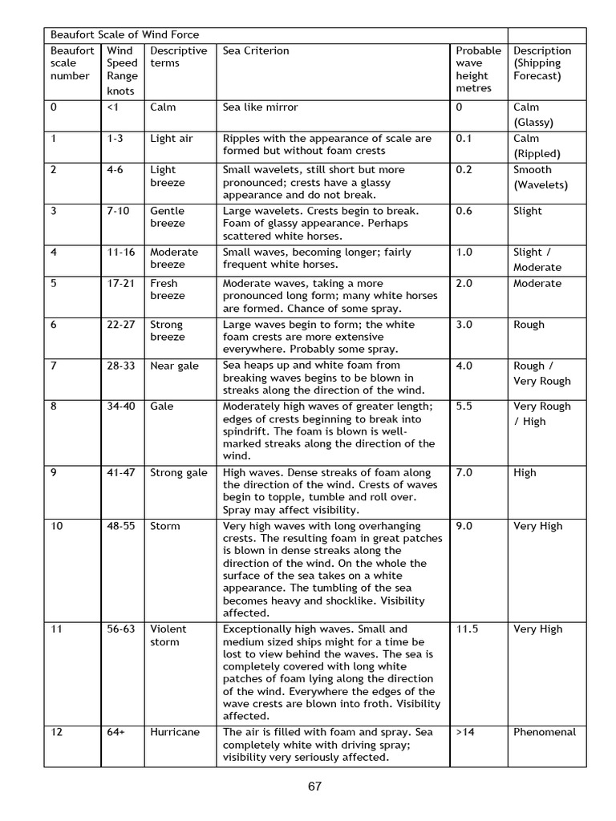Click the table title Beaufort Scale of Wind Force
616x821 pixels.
[x=124, y=35]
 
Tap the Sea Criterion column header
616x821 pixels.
[x=256, y=51]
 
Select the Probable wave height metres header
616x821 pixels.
[x=478, y=69]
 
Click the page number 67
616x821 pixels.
[x=314, y=787]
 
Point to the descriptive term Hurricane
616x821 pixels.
[x=175, y=732]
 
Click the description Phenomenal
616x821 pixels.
[x=545, y=732]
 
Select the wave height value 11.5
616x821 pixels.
[x=467, y=629]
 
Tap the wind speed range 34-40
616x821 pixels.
[x=121, y=406]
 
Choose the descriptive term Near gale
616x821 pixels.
[x=174, y=366]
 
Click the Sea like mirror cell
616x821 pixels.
[x=260, y=107]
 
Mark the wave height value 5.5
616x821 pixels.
[x=464, y=406]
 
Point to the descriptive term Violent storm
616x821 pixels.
[x=168, y=636]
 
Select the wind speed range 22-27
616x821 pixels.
[x=121, y=325]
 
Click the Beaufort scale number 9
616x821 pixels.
[x=54, y=473]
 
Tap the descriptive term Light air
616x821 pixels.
[x=172, y=139]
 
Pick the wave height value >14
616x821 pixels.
[x=465, y=732]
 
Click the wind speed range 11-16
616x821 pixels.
[x=121, y=253]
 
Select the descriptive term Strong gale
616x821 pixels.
[x=178, y=473]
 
